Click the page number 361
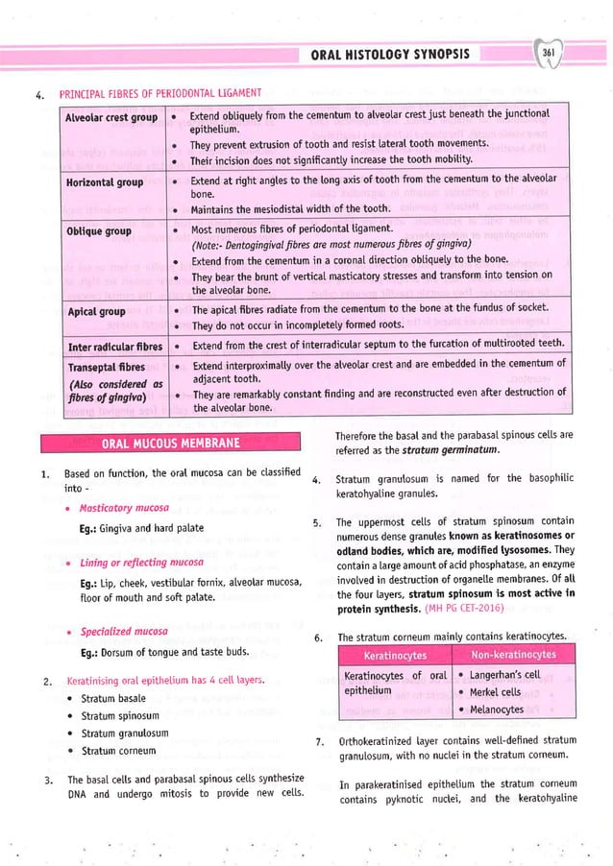click(x=550, y=53)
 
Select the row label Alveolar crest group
click(x=110, y=117)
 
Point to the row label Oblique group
click(x=98, y=231)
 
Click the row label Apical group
click(x=95, y=312)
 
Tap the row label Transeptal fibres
click(x=106, y=368)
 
